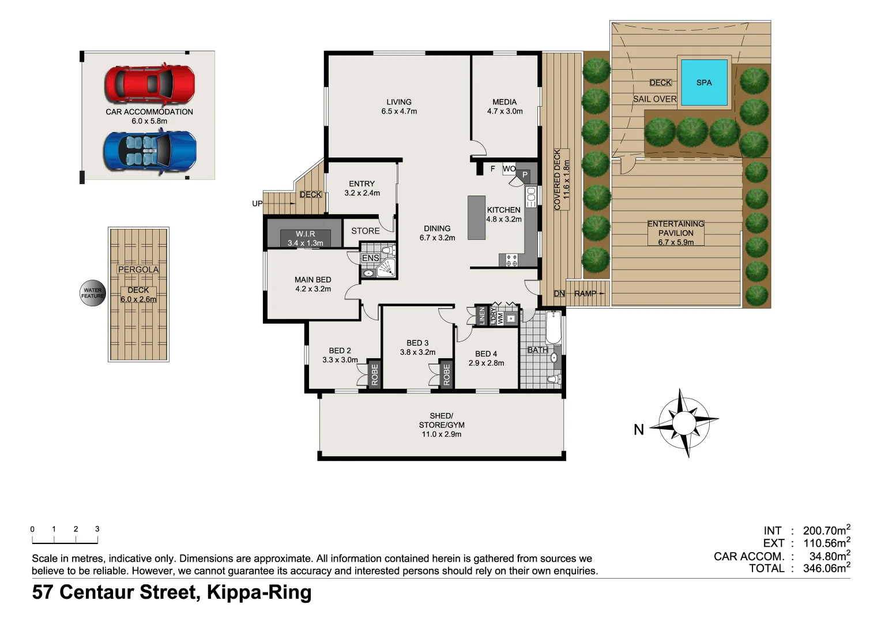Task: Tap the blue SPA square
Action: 703,82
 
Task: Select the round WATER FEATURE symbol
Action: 92,293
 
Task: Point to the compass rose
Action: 684,423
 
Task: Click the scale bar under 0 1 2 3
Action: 65,541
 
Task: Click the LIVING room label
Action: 399,102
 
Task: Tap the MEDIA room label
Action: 504,102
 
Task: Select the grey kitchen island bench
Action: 476,217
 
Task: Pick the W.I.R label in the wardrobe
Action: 305,234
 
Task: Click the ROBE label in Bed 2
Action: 375,374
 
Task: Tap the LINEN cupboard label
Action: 482,316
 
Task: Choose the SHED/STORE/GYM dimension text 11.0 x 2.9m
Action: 441,434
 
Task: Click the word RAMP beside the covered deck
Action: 585,294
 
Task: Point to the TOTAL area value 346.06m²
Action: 826,568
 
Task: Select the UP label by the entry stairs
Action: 257,204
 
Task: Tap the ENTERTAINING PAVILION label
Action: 676,228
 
